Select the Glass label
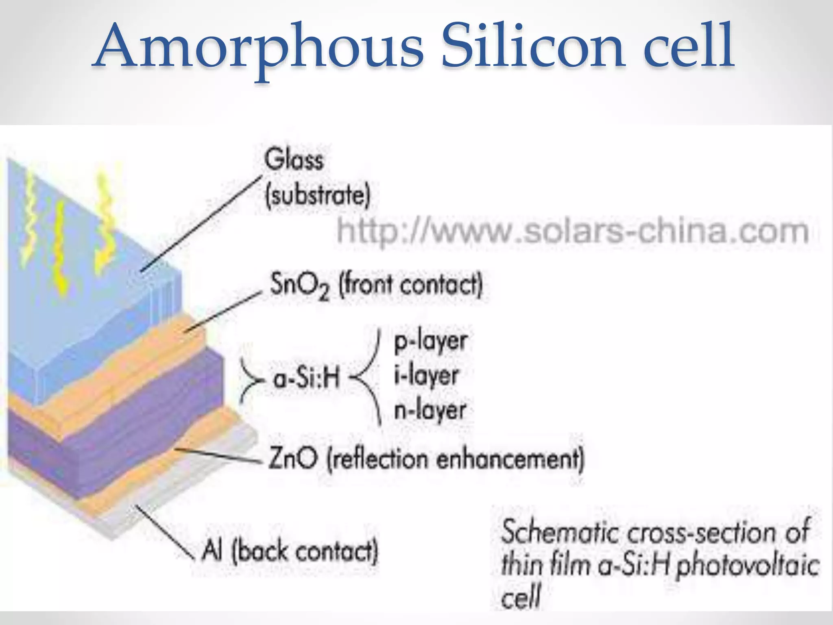294,160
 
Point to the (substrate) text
318,196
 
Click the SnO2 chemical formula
299,285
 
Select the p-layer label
430,341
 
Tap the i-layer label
426,375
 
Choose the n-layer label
430,410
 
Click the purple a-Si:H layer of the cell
122,439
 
